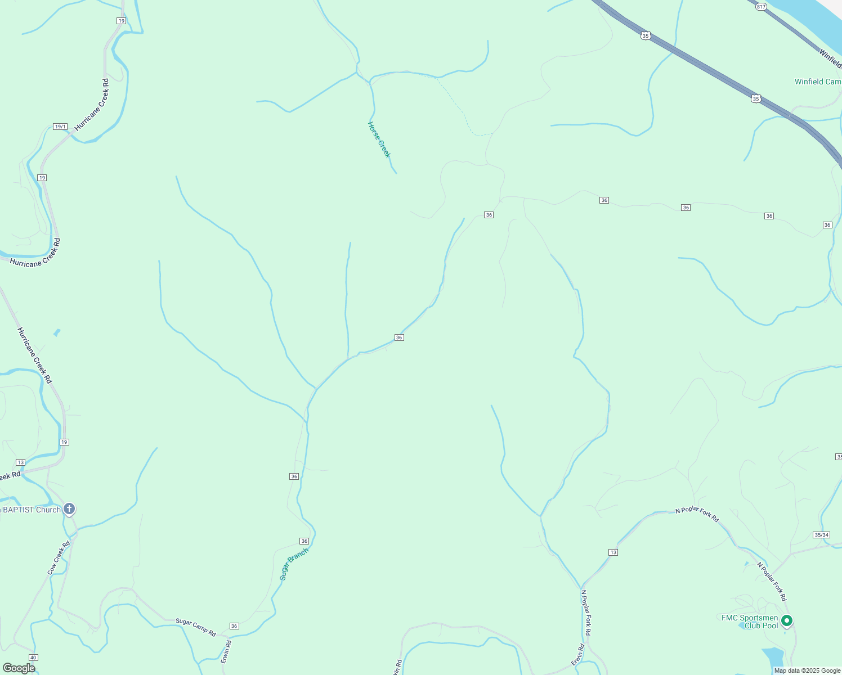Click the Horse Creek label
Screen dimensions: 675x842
(x=379, y=139)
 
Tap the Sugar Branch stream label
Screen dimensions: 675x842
(x=294, y=564)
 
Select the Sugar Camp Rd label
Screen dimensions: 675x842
(x=195, y=627)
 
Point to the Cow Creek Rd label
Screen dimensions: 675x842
(x=59, y=557)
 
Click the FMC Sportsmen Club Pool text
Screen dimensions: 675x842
(x=750, y=622)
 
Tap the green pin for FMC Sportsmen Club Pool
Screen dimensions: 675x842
(x=787, y=620)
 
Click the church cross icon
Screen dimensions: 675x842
(x=69, y=510)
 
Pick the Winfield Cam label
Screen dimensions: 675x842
(x=817, y=82)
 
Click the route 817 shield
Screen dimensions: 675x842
(x=762, y=6)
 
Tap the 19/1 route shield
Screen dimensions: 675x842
(x=60, y=127)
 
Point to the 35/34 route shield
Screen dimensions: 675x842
(x=821, y=535)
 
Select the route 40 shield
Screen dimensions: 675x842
(x=33, y=658)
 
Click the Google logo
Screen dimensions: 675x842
(x=19, y=668)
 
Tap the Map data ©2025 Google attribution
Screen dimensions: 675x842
(x=807, y=670)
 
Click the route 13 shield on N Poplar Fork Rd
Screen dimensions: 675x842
(x=613, y=552)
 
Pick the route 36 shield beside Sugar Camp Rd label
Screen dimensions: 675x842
(x=234, y=626)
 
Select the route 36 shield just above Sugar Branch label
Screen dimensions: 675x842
(x=304, y=541)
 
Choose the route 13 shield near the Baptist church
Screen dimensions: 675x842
(x=21, y=462)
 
